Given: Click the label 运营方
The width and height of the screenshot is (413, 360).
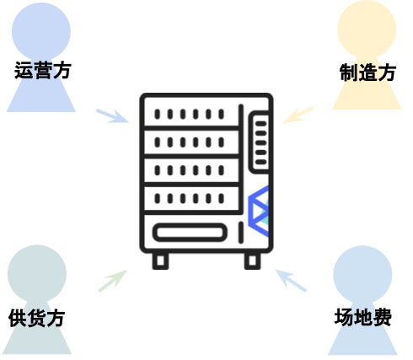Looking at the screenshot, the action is (43, 70).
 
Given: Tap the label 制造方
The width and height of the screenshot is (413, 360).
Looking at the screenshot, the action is (367, 73).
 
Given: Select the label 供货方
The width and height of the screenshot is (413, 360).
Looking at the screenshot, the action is (37, 318).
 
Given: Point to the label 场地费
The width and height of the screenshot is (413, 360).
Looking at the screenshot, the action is (363, 317).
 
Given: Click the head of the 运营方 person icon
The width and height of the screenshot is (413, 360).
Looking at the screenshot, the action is (41, 31).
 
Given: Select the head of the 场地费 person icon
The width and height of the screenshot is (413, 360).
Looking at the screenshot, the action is (362, 275).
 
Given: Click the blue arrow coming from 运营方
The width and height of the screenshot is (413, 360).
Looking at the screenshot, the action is (112, 116).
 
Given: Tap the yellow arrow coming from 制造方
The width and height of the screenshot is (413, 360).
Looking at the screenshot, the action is (298, 115).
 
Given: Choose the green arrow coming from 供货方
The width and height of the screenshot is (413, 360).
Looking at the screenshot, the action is (113, 281).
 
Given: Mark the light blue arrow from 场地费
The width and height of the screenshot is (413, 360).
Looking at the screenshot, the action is (291, 281).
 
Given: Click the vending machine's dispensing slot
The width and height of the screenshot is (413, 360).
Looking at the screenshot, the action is (190, 233).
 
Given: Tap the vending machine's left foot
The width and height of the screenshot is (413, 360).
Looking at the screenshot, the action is (160, 261).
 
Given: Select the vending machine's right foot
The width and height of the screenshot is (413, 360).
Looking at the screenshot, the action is (252, 261).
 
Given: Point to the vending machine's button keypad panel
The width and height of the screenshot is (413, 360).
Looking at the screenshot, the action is (260, 142).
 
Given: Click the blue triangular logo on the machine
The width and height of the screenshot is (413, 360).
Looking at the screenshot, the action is (259, 211).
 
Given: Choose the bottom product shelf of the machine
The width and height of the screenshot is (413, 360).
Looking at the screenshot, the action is (191, 198).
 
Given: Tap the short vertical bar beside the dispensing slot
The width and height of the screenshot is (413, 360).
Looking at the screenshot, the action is (241, 233).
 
